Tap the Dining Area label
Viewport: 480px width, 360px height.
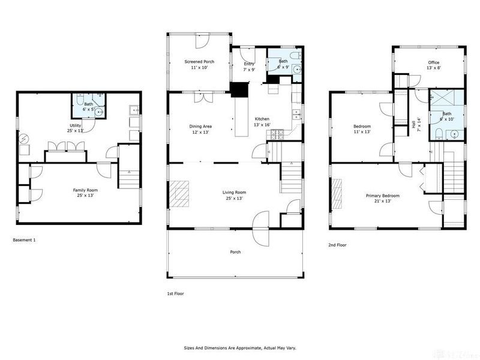click(201, 129)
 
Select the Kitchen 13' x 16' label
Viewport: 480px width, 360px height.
click(262, 122)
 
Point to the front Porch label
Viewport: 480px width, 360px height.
click(235, 252)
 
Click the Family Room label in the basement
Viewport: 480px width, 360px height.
click(85, 193)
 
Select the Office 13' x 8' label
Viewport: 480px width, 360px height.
click(433, 65)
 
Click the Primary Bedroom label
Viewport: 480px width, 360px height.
click(383, 198)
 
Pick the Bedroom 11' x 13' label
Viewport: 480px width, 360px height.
click(361, 129)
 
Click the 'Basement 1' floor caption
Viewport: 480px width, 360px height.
click(25, 240)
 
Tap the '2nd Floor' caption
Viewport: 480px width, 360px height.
click(337, 245)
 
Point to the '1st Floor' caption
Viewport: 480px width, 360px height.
click(176, 294)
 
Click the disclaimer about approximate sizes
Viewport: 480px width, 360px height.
click(239, 347)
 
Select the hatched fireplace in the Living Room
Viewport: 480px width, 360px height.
click(178, 194)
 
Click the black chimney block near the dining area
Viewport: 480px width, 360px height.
click(239, 90)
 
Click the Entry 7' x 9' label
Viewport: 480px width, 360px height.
click(248, 67)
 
